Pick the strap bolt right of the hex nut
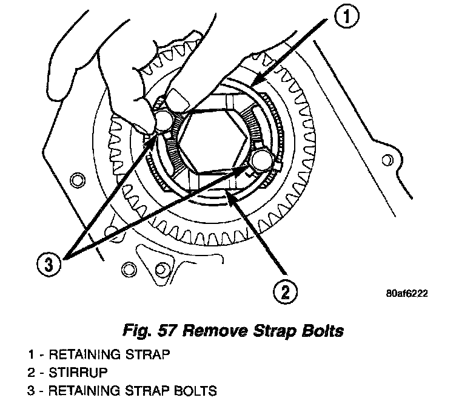pyautogui.click(x=263, y=160)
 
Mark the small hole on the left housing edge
pyautogui.click(x=75, y=179)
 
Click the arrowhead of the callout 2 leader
pyautogui.click(x=227, y=192)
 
